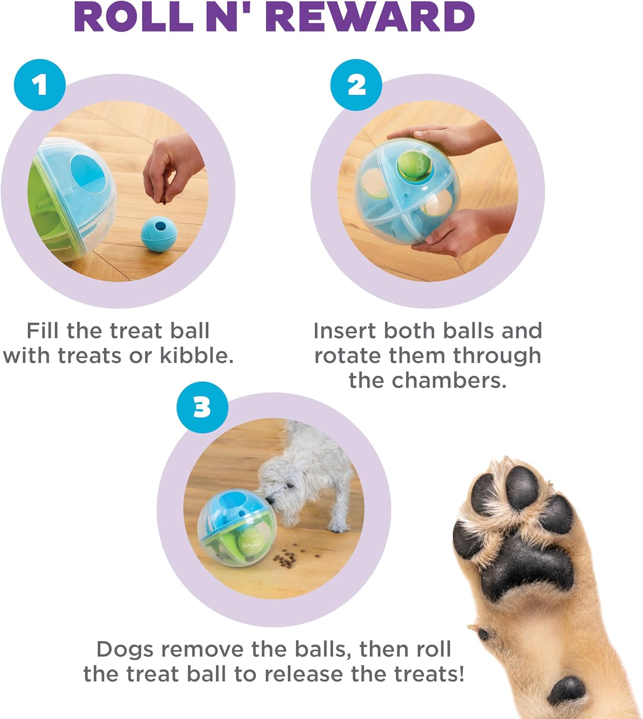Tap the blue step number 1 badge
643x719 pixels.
pos(40,85)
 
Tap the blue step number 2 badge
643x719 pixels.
pos(356,85)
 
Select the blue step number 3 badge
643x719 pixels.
pos(202,407)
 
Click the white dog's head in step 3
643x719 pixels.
pos(282,489)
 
